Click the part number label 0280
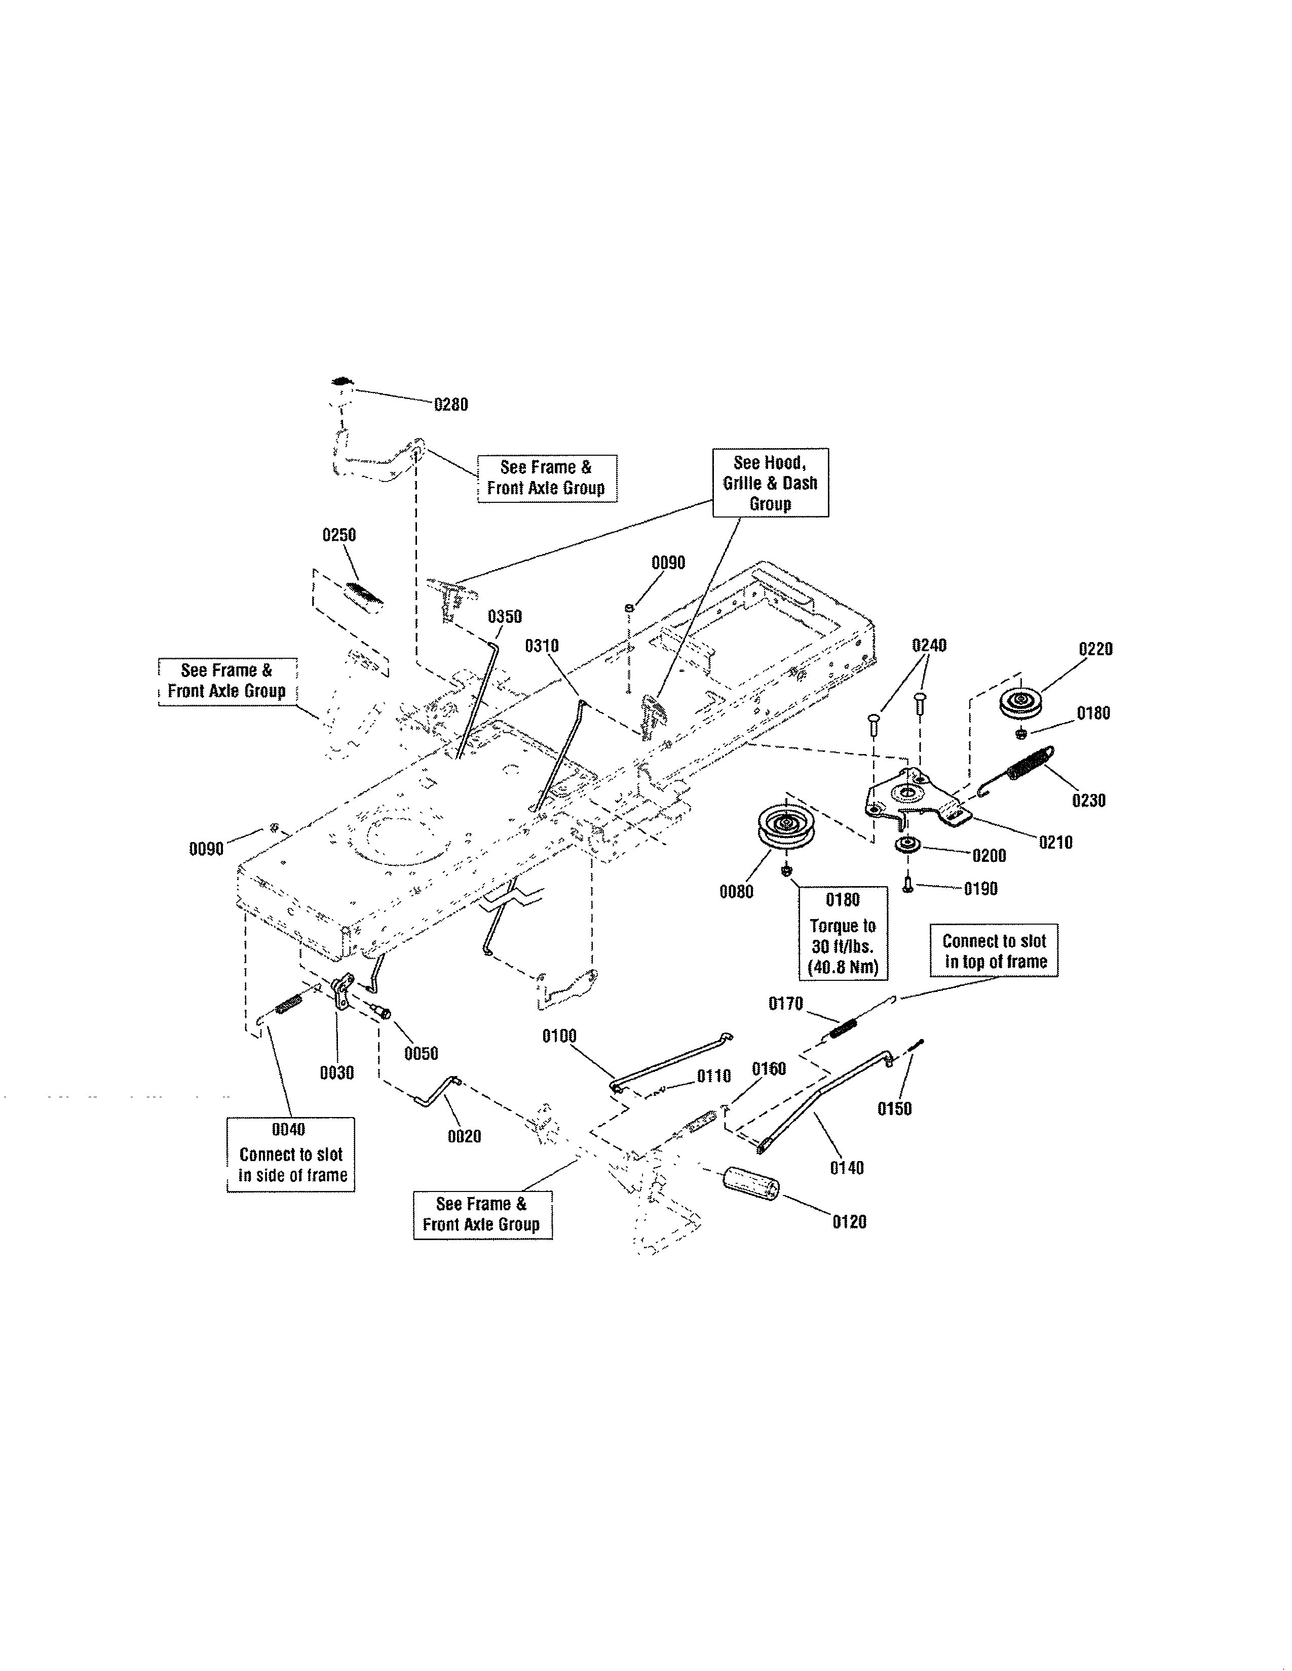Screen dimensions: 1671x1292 451,405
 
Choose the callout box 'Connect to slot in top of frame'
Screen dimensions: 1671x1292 994,951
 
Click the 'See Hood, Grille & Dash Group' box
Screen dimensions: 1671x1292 770,483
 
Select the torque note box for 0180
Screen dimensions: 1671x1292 842,933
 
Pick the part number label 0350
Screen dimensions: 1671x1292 505,617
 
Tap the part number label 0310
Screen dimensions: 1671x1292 542,646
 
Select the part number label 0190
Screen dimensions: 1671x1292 980,889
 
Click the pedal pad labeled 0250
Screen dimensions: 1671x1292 364,597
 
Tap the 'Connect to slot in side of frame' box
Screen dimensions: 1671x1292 291,1154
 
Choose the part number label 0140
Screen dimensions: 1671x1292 847,1168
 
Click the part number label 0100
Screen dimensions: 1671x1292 559,1036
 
